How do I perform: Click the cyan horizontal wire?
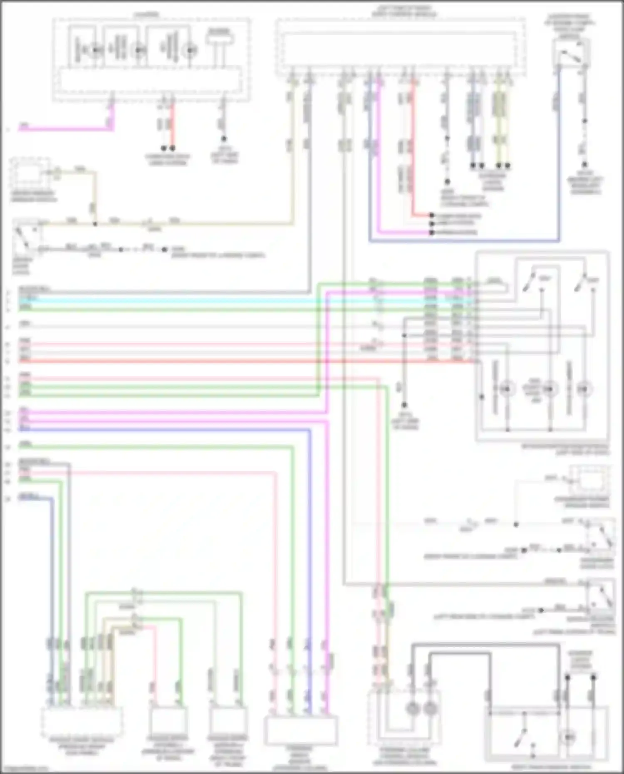pos(166,300)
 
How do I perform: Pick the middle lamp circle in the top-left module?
pos(138,50)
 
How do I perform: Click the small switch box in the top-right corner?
pos(571,53)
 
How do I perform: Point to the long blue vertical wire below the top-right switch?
pos(559,166)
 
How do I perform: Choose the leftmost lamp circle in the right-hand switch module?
pos(507,389)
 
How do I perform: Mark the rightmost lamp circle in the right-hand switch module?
pos(584,389)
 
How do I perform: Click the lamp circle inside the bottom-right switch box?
pos(568,737)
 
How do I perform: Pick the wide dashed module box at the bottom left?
pos(82,720)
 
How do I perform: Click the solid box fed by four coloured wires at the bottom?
pos(301,730)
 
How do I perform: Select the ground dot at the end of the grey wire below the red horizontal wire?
pos(404,405)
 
